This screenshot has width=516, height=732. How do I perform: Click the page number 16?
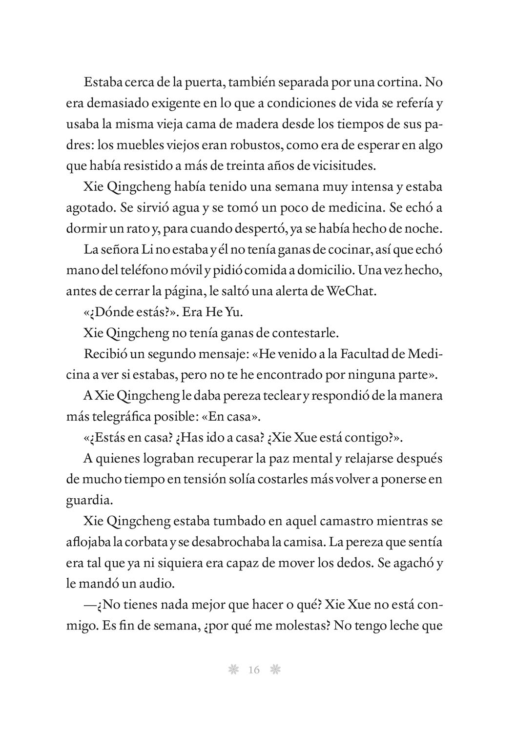click(x=254, y=670)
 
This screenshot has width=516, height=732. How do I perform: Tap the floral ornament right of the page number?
click(x=276, y=670)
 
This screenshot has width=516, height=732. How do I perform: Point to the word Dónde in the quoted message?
click(x=111, y=312)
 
